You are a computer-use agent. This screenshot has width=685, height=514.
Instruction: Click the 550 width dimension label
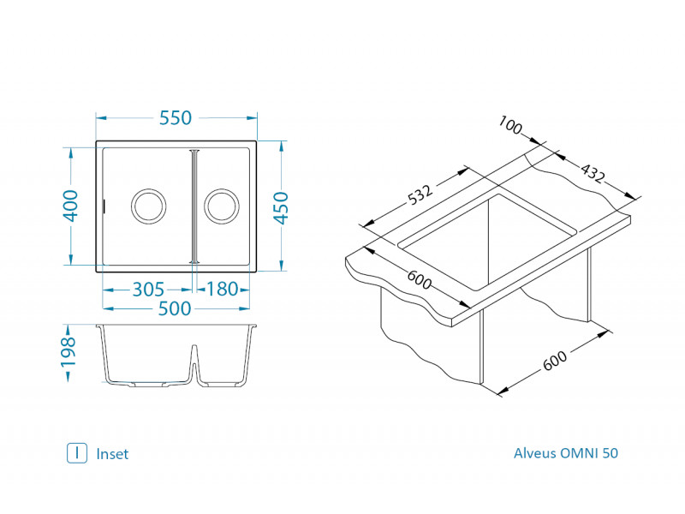pyautogui.click(x=176, y=118)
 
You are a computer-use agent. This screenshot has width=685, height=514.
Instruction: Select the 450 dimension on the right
pyautogui.click(x=281, y=206)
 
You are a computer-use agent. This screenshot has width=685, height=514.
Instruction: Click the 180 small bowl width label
pyautogui.click(x=223, y=289)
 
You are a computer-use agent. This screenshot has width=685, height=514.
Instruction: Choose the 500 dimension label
pyautogui.click(x=175, y=308)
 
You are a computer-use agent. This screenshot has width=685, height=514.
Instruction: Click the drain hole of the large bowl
pyautogui.click(x=147, y=206)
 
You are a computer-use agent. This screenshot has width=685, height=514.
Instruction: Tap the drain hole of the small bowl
pyautogui.click(x=221, y=206)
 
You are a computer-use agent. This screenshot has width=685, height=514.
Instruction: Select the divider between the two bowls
pyautogui.click(x=194, y=206)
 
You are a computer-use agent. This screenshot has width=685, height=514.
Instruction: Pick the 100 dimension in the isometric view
pyautogui.click(x=509, y=127)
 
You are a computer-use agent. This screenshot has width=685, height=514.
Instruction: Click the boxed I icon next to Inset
pyautogui.click(x=77, y=453)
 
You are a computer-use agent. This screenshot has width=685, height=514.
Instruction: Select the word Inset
pyautogui.click(x=112, y=454)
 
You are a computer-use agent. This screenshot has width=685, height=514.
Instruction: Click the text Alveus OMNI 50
pyautogui.click(x=565, y=453)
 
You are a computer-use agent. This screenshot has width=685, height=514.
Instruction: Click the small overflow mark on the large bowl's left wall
pyautogui.click(x=104, y=206)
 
